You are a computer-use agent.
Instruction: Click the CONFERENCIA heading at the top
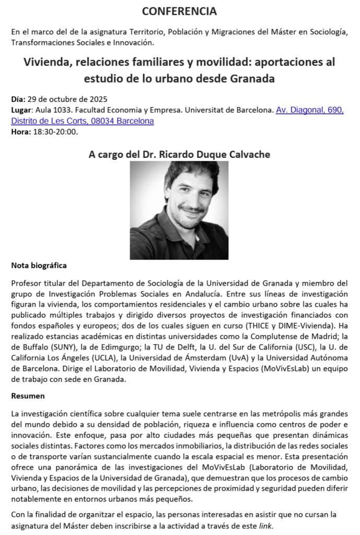pyautogui.click(x=179, y=11)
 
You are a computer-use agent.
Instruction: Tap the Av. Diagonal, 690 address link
pyautogui.click(x=309, y=111)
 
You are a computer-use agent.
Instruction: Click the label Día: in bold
pyautogui.click(x=18, y=99)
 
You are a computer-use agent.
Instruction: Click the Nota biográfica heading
pyautogui.click(x=39, y=265)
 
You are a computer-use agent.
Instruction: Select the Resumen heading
pyautogui.click(x=28, y=396)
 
